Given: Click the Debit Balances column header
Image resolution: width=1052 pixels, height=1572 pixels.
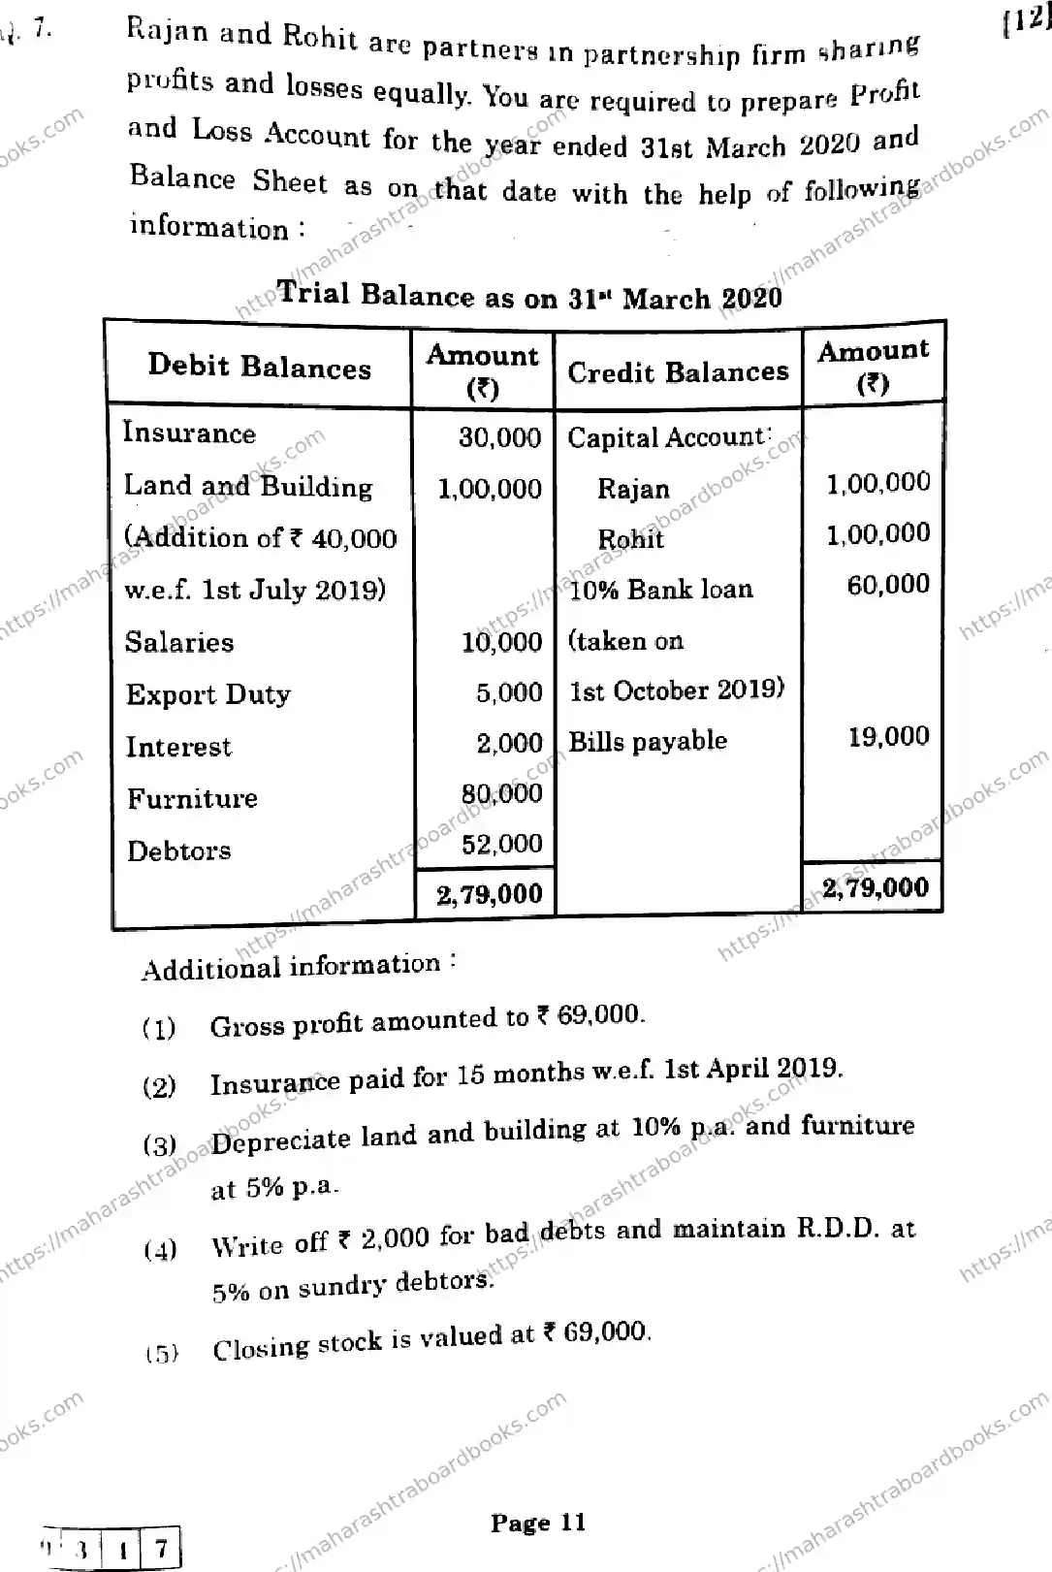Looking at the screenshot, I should [259, 367].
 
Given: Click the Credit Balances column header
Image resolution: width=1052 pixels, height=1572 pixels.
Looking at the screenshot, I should [678, 371].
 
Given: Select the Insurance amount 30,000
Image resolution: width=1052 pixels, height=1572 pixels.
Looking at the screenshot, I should [499, 436].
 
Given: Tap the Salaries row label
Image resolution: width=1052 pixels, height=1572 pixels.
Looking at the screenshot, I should [179, 642].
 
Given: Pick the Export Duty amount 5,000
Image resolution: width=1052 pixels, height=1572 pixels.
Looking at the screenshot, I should [509, 692].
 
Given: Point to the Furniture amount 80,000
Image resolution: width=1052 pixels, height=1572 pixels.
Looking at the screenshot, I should [501, 793].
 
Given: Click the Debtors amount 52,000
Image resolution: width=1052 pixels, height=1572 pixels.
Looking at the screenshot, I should [501, 844].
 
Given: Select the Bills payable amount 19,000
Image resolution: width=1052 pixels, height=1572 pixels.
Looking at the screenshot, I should [888, 736].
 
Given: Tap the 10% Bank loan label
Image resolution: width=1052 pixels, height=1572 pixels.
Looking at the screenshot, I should [660, 589].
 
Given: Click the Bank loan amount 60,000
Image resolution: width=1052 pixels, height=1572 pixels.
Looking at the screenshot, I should [888, 584].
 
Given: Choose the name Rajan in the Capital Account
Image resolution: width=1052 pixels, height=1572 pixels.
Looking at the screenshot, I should [633, 488].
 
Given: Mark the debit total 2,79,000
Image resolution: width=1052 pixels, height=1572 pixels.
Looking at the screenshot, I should [489, 893].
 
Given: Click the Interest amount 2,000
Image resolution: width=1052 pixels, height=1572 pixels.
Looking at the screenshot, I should [509, 743].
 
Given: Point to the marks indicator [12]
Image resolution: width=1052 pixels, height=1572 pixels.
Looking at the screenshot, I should [1025, 21].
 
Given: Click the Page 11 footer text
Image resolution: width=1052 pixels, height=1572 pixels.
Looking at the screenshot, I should [538, 1522].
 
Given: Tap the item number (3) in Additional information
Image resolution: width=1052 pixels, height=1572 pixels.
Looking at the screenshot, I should [160, 1145].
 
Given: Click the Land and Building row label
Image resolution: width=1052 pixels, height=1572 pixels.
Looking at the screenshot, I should [248, 486].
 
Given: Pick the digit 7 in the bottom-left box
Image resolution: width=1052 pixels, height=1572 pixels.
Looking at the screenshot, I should [161, 1546].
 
